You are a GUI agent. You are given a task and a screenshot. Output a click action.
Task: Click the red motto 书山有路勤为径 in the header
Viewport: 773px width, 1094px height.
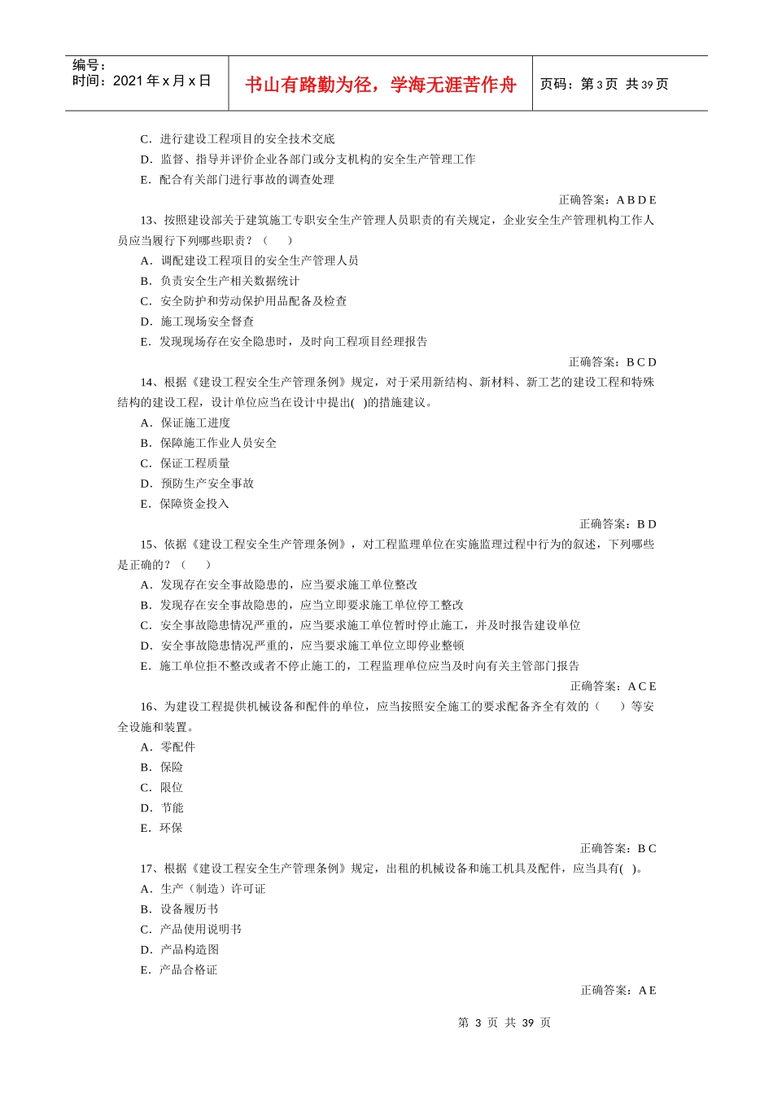[x=380, y=85]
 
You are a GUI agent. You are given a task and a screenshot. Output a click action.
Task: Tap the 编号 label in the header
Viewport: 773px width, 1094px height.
[x=89, y=65]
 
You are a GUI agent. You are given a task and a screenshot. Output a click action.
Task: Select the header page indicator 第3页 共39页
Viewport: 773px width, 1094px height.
[x=604, y=85]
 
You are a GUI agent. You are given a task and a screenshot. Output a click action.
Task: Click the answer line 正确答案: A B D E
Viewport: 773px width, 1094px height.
[x=607, y=199]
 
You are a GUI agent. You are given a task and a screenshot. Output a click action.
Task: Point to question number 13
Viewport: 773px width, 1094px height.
[x=147, y=220]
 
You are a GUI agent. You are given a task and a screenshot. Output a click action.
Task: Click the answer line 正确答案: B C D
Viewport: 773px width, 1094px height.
[x=612, y=361]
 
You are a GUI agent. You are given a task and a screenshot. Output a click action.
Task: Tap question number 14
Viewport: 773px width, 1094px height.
[x=147, y=382]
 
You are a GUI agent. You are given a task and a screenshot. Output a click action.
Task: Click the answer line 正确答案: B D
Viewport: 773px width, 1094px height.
[x=618, y=523]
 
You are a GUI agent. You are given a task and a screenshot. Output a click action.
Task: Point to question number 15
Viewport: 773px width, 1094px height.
[x=147, y=544]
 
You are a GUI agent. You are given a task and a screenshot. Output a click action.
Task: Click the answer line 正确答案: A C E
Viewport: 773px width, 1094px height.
[x=613, y=686]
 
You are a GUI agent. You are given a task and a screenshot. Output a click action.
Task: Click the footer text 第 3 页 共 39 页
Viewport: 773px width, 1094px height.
[x=504, y=1022]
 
